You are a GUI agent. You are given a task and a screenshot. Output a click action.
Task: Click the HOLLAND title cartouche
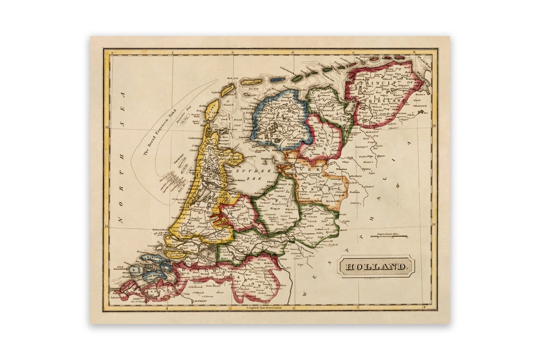click(376, 266)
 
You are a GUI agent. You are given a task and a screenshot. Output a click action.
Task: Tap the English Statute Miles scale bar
click(388, 236)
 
